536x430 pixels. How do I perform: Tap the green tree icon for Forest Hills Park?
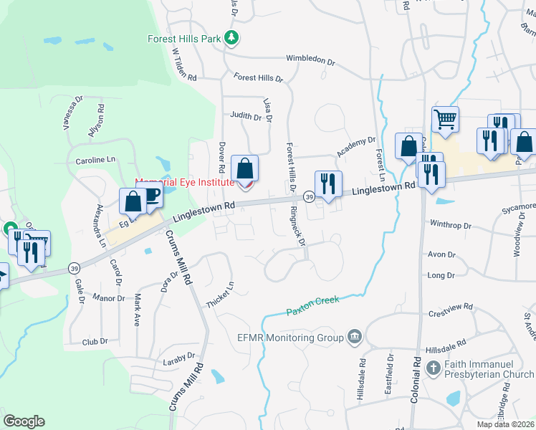coord(231,37)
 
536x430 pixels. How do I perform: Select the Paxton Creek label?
coord(312,306)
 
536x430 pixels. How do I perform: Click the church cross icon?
coord(433,368)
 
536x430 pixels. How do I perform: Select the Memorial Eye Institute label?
coord(186,183)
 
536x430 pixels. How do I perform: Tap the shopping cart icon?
coord(445,120)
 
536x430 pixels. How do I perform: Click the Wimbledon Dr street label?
coord(310,60)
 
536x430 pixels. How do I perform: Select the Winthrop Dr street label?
coord(451,224)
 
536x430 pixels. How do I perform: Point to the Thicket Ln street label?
coord(220,295)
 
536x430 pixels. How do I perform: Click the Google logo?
coord(24,421)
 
